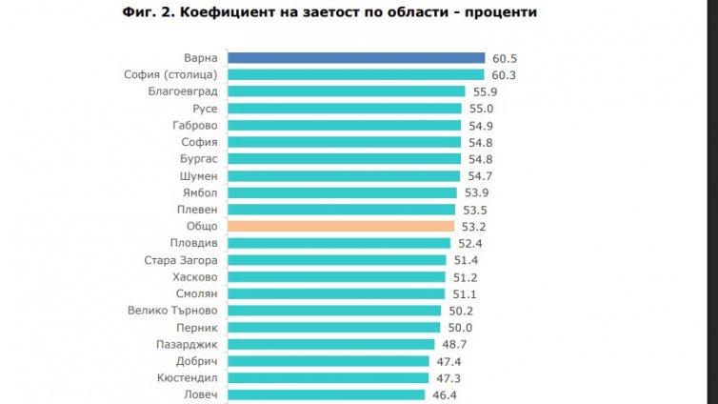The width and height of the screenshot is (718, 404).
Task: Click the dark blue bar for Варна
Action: pyautogui.click(x=355, y=58)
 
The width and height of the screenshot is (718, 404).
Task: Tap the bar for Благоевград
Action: pyautogui.click(x=345, y=91)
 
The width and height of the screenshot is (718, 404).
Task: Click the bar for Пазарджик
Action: pyautogui.click(x=329, y=344)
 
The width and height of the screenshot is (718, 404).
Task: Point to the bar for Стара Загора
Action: pyautogui.click(x=335, y=260)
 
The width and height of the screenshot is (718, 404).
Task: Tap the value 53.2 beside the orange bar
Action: pyautogui.click(x=470, y=227)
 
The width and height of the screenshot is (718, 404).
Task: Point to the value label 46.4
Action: pyautogui.click(x=444, y=394)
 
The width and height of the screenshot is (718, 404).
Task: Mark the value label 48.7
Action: pyautogui.click(x=450, y=344)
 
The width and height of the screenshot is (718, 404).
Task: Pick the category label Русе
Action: pyautogui.click(x=205, y=109)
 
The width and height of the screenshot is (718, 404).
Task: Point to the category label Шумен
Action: pyautogui.click(x=198, y=176)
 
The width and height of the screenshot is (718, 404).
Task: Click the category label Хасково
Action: pyautogui.click(x=195, y=277)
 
